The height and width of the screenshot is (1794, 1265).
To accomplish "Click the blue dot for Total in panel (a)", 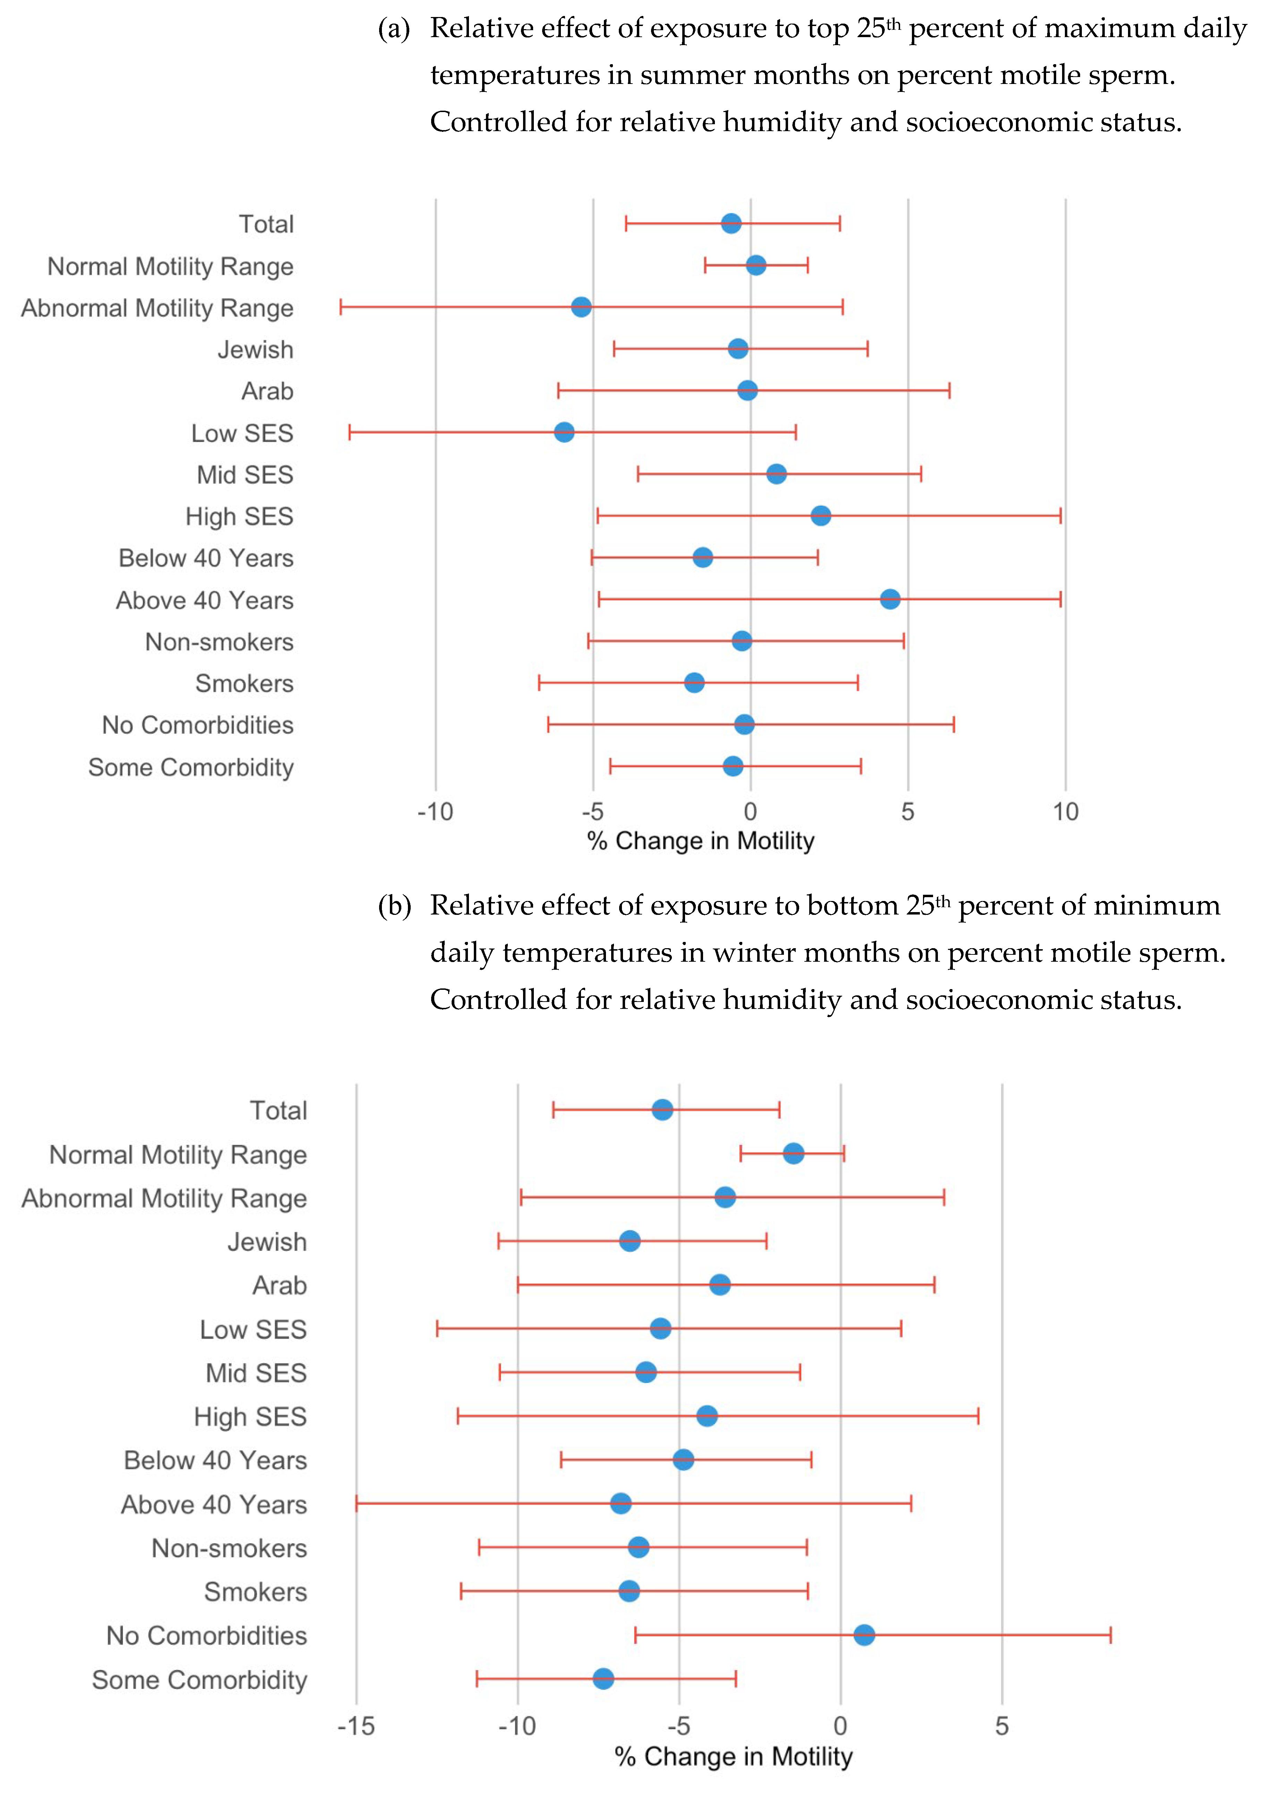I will click(x=730, y=223).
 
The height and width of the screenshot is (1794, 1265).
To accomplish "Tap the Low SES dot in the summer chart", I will click(x=564, y=432).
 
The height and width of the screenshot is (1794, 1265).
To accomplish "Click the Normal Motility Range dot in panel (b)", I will click(x=793, y=1153).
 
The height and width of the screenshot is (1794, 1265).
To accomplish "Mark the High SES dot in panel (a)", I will click(x=820, y=516).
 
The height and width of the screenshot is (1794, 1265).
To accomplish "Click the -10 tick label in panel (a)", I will click(x=435, y=813).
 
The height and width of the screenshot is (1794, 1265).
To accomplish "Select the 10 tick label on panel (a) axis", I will click(x=1065, y=813).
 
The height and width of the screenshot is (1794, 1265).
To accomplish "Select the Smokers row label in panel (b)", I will click(x=256, y=1592).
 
